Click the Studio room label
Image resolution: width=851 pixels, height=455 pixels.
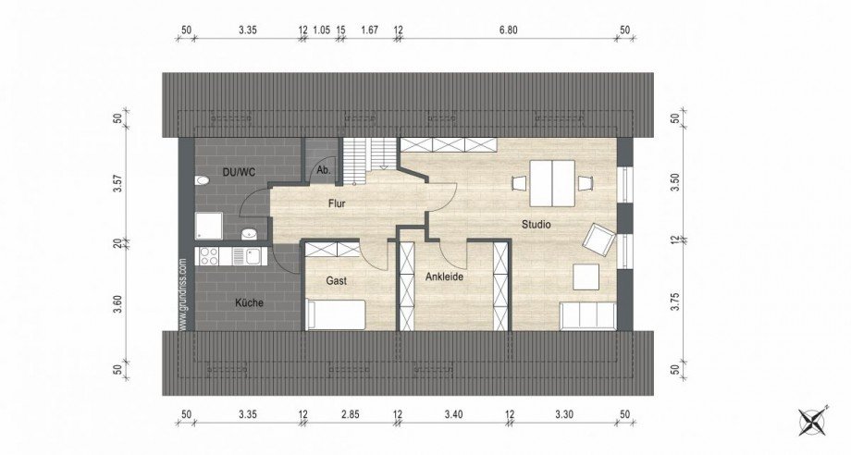(x=536, y=224)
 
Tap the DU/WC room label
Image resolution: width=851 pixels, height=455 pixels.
(x=240, y=172)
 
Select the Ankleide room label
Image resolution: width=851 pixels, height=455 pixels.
(x=444, y=277)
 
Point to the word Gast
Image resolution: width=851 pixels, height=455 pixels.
(x=337, y=281)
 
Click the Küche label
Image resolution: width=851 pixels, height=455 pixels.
(x=249, y=302)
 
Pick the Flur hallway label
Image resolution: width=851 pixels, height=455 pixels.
(x=337, y=203)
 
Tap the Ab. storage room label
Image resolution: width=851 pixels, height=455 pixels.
(x=324, y=170)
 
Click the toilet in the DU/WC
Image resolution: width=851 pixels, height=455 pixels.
(x=201, y=180)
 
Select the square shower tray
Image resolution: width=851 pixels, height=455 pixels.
(x=209, y=226)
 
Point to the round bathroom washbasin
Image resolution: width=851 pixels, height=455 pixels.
(x=249, y=234)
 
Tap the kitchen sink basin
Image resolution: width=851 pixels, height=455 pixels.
(x=253, y=256)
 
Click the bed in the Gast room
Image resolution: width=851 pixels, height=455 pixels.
(x=336, y=314)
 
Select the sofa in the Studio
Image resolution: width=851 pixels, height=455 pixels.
(x=587, y=315)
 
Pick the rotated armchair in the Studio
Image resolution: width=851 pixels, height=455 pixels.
(x=599, y=240)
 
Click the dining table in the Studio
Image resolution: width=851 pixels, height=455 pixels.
(x=552, y=183)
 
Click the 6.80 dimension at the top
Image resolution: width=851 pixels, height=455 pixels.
(x=508, y=30)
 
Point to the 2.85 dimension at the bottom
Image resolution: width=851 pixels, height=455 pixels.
(x=350, y=415)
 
